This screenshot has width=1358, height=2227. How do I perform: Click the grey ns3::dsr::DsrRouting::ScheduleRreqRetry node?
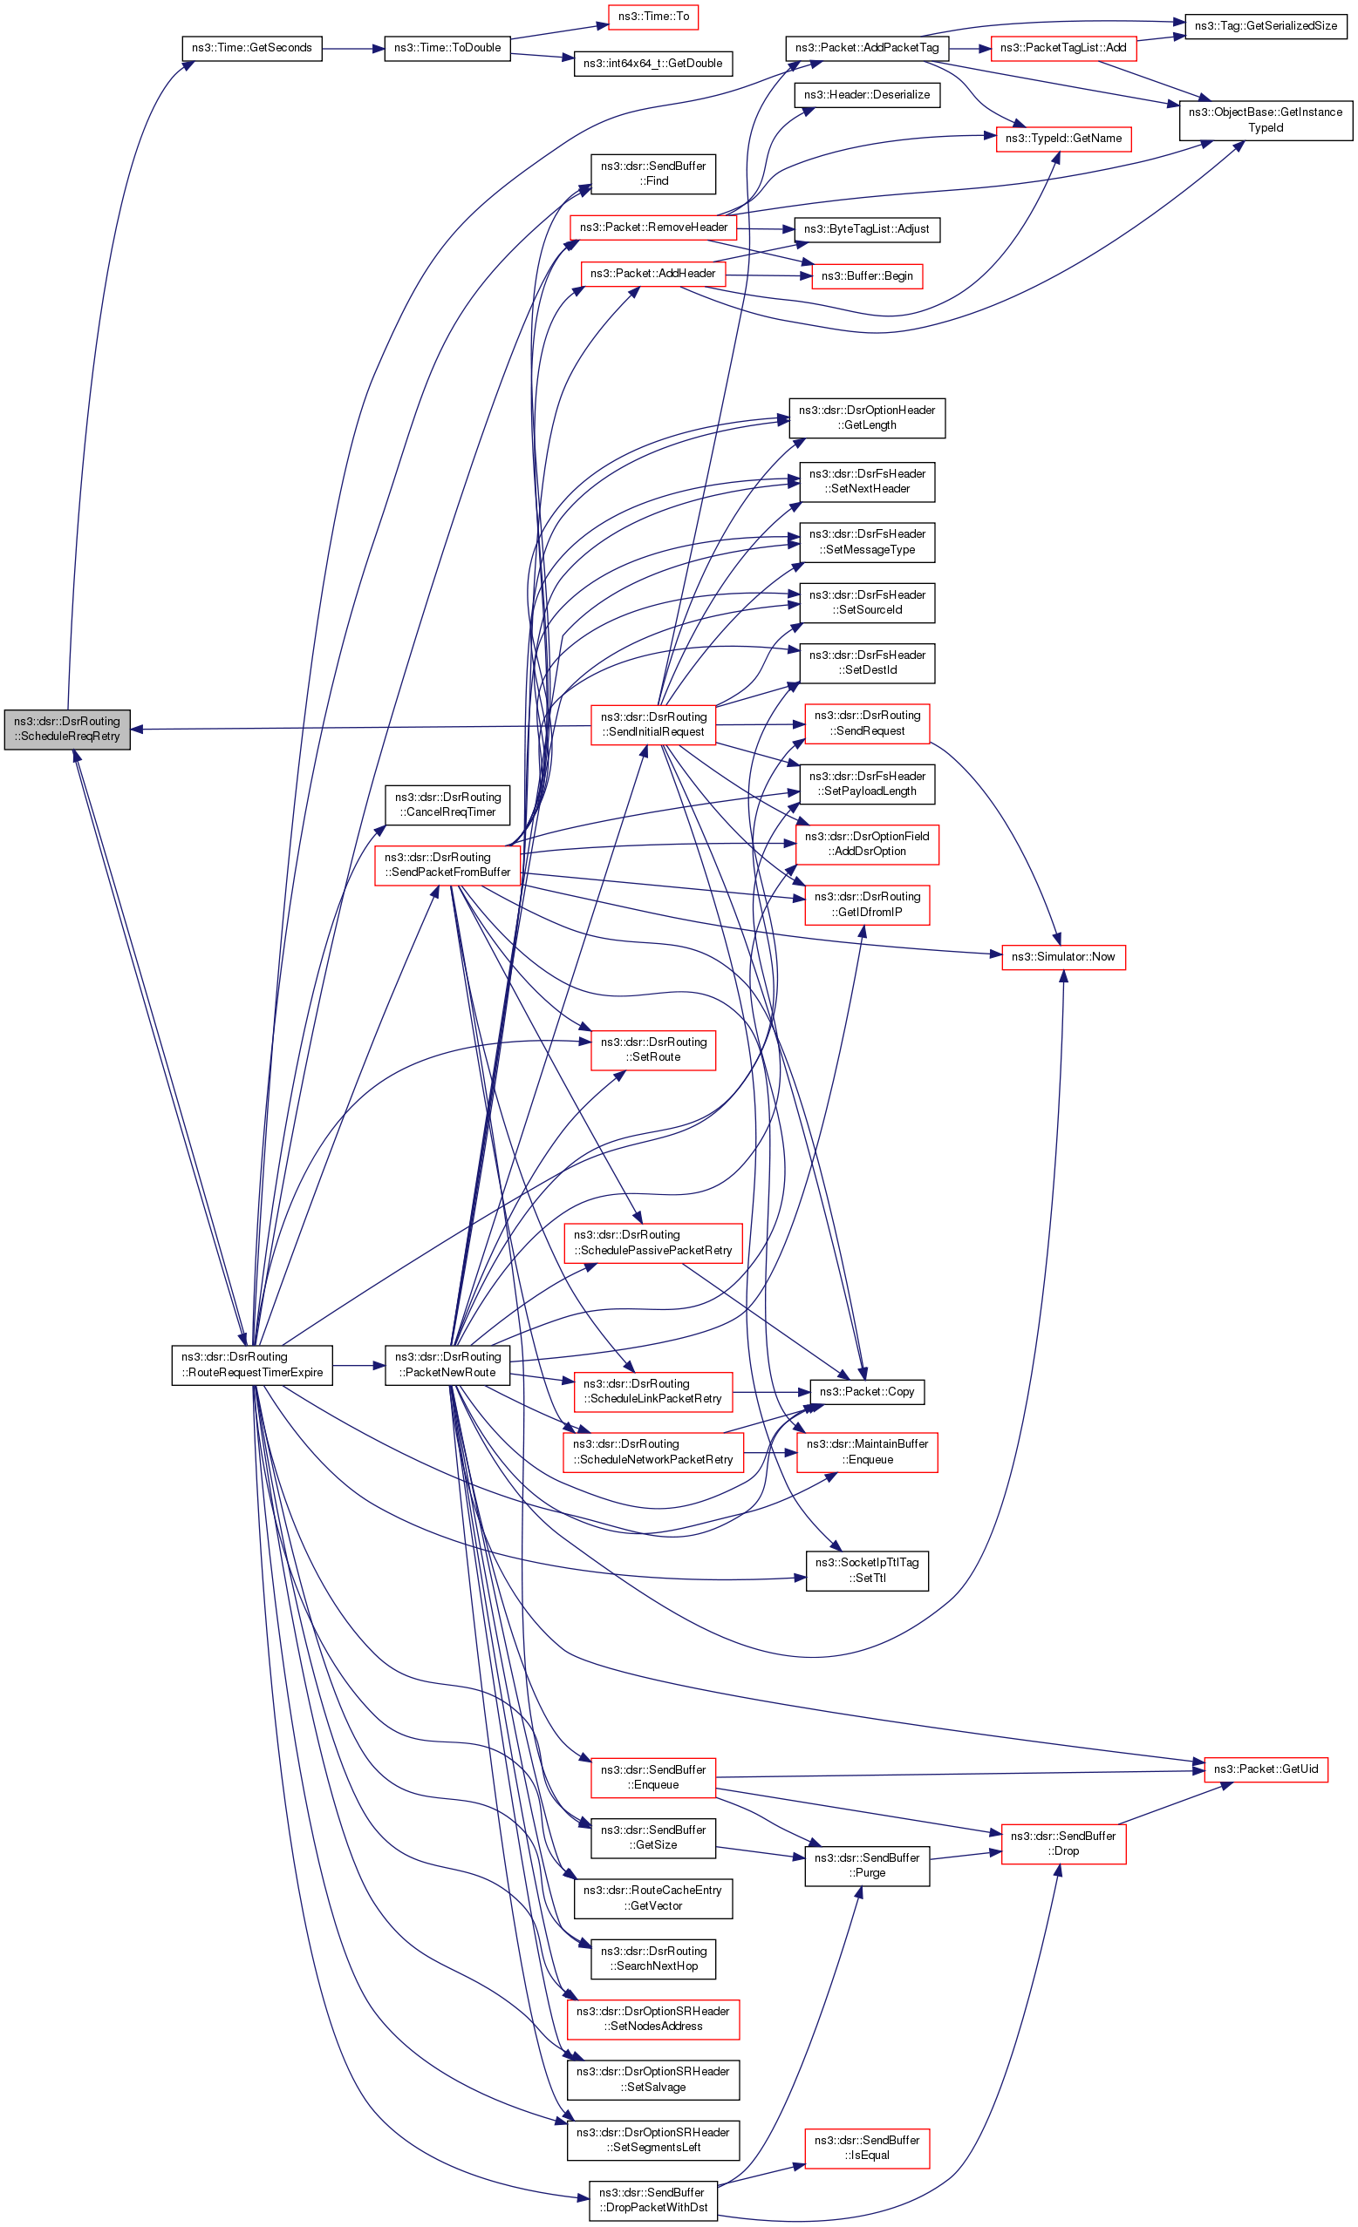[x=67, y=729]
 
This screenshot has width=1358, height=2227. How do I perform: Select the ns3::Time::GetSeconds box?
[x=251, y=48]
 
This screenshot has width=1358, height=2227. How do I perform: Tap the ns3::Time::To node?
[x=652, y=17]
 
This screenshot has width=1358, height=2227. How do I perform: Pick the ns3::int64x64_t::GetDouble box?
[x=652, y=64]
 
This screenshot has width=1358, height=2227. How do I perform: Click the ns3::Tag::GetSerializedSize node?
[x=1265, y=26]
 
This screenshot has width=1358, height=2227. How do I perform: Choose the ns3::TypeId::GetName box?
[x=1062, y=139]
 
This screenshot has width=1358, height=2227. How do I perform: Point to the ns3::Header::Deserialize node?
[x=866, y=95]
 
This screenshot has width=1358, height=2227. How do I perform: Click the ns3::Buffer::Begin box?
[x=866, y=275]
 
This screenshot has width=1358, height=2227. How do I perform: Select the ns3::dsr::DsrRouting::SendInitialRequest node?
[x=652, y=724]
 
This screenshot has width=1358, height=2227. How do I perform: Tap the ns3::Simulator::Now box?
[x=1062, y=956]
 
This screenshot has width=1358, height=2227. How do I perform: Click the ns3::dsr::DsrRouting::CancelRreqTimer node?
[x=447, y=805]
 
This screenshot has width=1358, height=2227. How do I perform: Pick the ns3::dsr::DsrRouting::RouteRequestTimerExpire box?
[x=251, y=1364]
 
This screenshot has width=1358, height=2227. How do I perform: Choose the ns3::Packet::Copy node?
[x=866, y=1391]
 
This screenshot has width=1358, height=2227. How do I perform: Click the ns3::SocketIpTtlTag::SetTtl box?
[x=866, y=1570]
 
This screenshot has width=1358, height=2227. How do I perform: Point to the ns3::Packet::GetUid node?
[x=1265, y=1769]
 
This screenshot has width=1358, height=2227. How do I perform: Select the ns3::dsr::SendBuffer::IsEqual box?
[x=866, y=2148]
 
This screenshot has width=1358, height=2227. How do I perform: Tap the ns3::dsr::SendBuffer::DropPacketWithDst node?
[x=652, y=2200]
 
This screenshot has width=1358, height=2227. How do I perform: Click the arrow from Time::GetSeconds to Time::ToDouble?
[x=352, y=48]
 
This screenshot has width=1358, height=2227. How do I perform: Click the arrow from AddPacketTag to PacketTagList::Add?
[x=969, y=48]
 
